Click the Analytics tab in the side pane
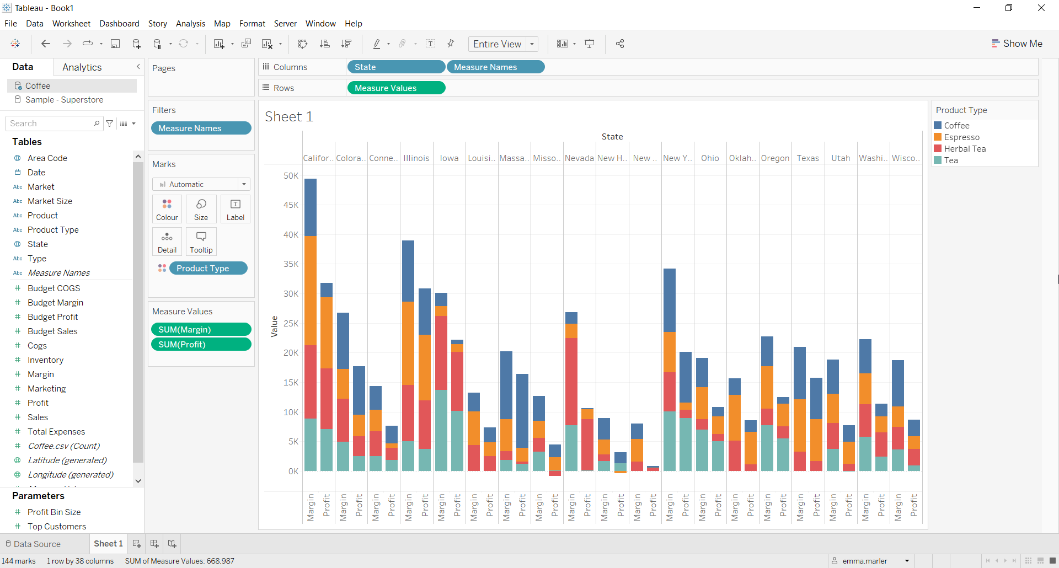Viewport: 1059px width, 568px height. pyautogui.click(x=82, y=67)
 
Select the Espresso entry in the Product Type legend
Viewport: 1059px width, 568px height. pyautogui.click(x=961, y=137)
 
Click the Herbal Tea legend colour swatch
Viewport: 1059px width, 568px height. pyautogui.click(x=938, y=149)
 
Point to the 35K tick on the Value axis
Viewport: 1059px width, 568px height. pyautogui.click(x=291, y=264)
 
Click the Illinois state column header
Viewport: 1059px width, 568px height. pyautogui.click(x=416, y=158)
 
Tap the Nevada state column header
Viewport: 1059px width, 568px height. pyautogui.click(x=579, y=158)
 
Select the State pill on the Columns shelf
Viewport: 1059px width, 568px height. pyautogui.click(x=395, y=67)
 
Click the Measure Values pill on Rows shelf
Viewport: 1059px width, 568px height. pyautogui.click(x=395, y=88)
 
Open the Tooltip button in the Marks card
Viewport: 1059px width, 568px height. pyautogui.click(x=201, y=242)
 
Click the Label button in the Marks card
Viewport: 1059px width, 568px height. pyautogui.click(x=235, y=209)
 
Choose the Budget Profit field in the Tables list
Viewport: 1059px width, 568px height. pyautogui.click(x=53, y=317)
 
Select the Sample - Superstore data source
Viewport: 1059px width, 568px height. pyautogui.click(x=64, y=100)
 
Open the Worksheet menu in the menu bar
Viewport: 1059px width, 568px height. pyautogui.click(x=71, y=24)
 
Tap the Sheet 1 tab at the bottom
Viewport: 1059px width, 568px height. pyautogui.click(x=108, y=544)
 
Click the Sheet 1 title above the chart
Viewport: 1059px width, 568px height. pyautogui.click(x=289, y=117)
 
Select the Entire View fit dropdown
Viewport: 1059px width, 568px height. pyautogui.click(x=502, y=44)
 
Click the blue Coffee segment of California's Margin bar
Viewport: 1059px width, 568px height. pyautogui.click(x=311, y=207)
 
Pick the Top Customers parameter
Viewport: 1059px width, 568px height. pyautogui.click(x=57, y=527)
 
